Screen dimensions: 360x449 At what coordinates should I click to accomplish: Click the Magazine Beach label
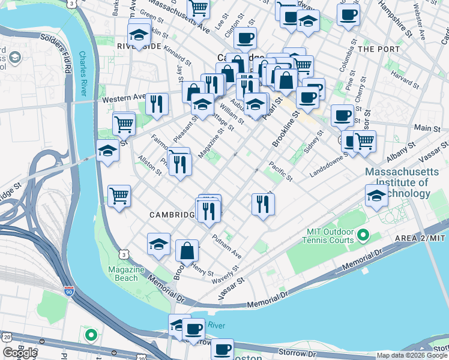(127, 274)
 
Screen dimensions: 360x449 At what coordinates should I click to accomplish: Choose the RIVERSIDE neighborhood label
(140, 46)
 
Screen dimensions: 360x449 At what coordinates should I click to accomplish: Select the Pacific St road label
(280, 171)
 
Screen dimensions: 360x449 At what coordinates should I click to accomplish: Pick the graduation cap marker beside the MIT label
(376, 194)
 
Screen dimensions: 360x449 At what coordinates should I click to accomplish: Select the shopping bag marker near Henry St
(187, 250)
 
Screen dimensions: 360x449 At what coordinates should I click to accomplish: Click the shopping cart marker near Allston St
(119, 195)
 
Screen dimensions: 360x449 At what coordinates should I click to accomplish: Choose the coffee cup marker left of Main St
(342, 115)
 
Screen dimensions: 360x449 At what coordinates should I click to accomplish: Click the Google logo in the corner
(20, 353)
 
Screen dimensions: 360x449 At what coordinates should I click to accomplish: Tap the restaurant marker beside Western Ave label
(157, 104)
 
